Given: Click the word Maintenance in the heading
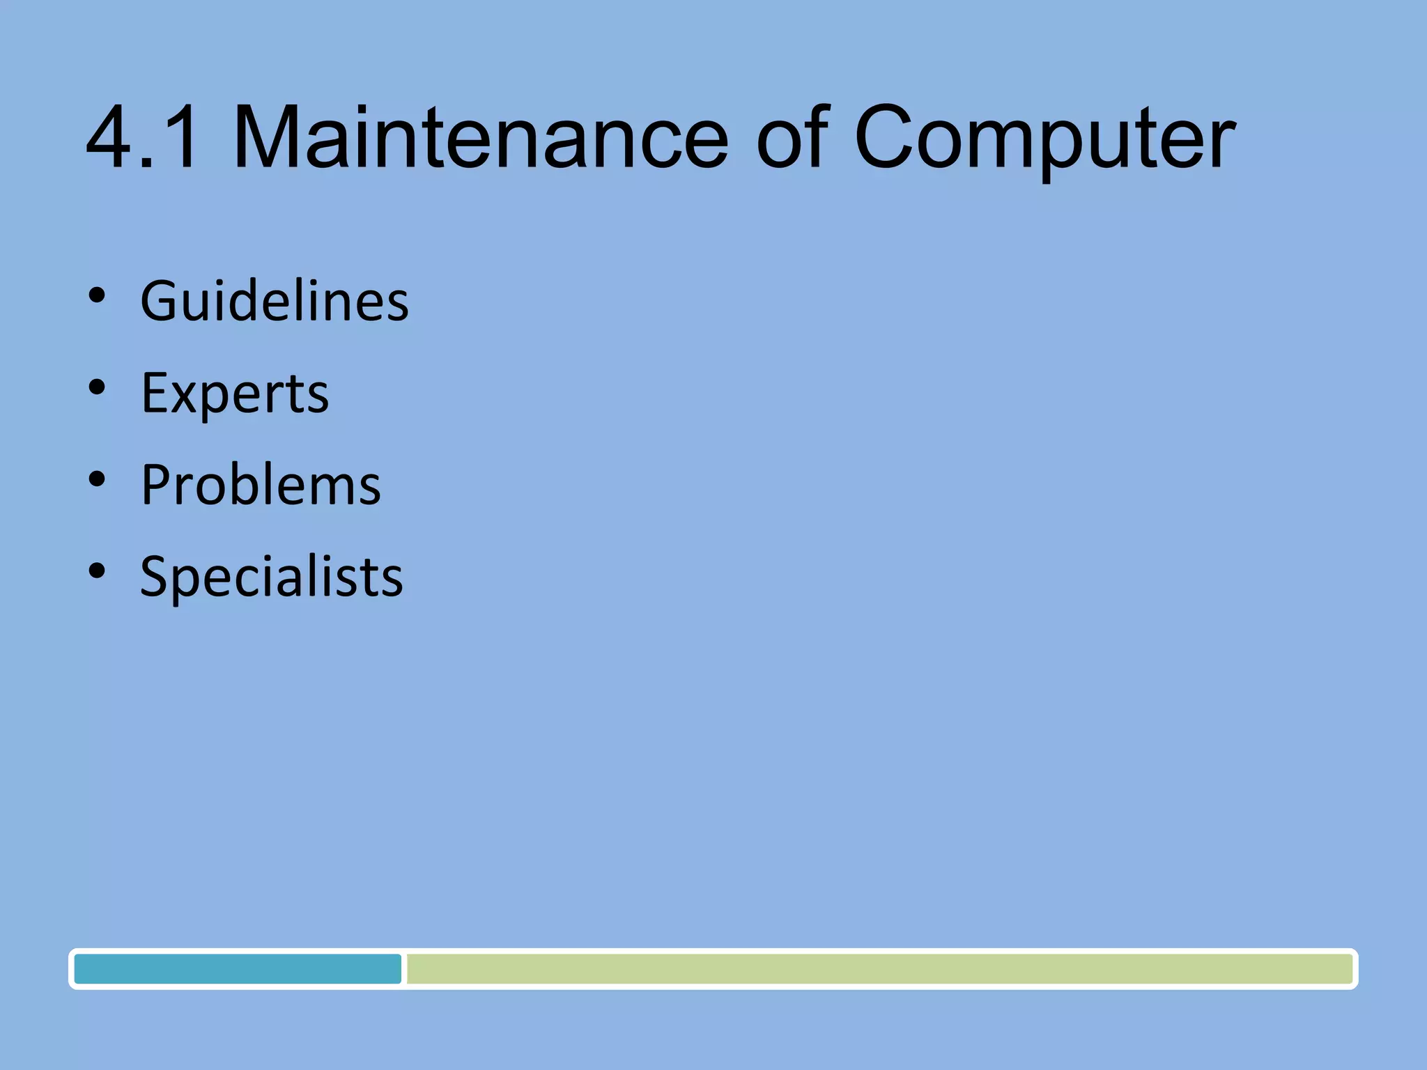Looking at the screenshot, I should pos(480,137).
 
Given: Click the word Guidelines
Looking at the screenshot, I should pos(275,301).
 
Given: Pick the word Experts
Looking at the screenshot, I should pos(235,394).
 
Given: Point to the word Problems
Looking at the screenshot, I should pos(261,485).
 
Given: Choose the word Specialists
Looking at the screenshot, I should pos(271,577).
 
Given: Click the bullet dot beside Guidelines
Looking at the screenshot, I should pos(97,296).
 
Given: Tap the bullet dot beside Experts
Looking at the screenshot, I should pos(97,388).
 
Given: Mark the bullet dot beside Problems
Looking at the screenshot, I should pos(97,479).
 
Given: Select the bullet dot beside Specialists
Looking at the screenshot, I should pos(97,571).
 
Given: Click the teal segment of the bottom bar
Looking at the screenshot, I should pos(238,969).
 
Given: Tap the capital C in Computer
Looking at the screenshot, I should pos(889,137).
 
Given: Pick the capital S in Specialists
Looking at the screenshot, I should pos(156,577).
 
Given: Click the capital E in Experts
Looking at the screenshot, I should pos(156,394).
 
